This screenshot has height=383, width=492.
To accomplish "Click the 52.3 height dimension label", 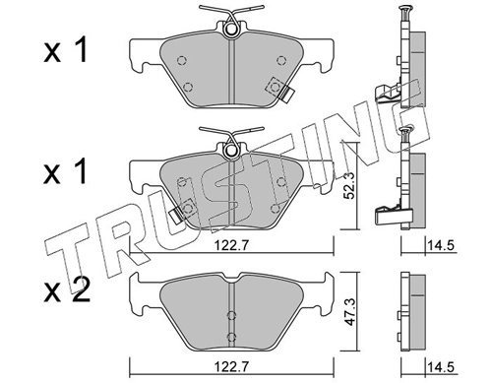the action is pos(348,185).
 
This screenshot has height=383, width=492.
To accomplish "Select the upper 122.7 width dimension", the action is pos(232,245).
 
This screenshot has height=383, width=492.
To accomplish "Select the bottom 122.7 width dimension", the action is pos(232,366).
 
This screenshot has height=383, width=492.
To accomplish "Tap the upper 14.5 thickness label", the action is pos(441,245).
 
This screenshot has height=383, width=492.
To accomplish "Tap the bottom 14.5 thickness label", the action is pos(441,366).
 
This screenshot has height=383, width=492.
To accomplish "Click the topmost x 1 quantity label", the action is pos(66,50).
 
